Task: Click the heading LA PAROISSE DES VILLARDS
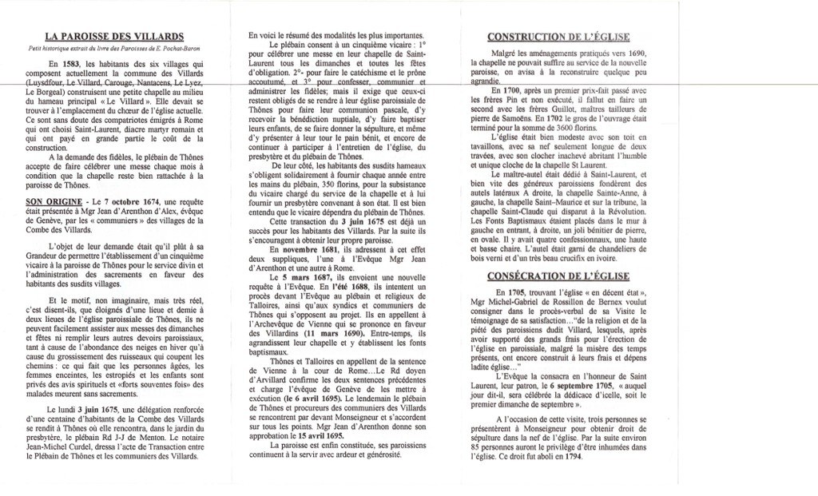[114, 36]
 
